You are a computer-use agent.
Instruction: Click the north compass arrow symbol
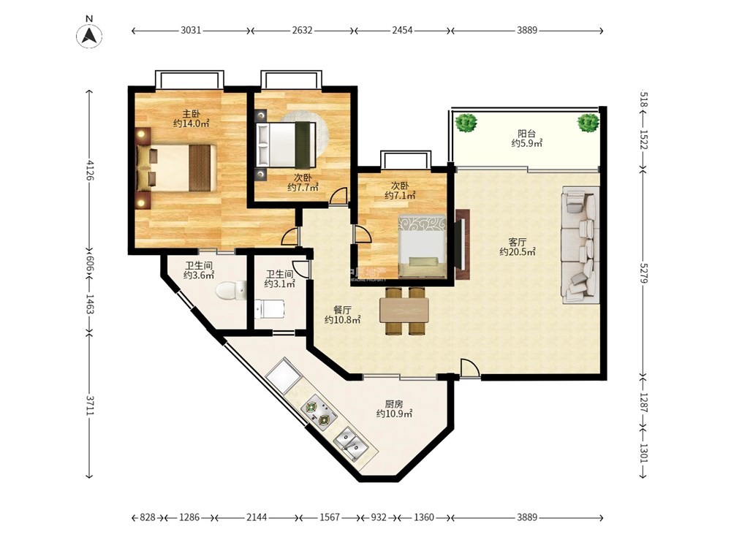pyautogui.click(x=89, y=35)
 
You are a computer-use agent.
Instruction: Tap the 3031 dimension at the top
pyautogui.click(x=191, y=31)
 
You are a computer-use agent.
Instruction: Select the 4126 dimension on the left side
pyautogui.click(x=89, y=170)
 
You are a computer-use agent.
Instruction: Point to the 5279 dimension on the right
pyautogui.click(x=643, y=273)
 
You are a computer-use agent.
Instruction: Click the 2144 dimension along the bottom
pyautogui.click(x=257, y=517)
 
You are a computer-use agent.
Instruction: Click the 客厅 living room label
pyautogui.click(x=517, y=243)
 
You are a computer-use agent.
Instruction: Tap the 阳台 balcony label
pyautogui.click(x=526, y=134)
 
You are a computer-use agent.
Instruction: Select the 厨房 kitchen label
pyautogui.click(x=394, y=404)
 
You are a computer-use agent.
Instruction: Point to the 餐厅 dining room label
pyautogui.click(x=342, y=311)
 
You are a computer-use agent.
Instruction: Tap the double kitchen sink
pyautogui.click(x=352, y=444)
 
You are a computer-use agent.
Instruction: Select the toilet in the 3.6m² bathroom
pyautogui.click(x=231, y=291)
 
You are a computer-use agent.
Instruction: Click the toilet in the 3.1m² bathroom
pyautogui.click(x=270, y=309)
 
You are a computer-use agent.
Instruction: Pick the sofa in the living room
pyautogui.click(x=580, y=245)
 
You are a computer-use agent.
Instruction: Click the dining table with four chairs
pyautogui.click(x=404, y=311)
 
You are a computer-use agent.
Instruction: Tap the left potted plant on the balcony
pyautogui.click(x=466, y=123)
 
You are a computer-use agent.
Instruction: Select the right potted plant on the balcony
pyautogui.click(x=588, y=123)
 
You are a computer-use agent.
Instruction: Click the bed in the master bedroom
pyautogui.click(x=176, y=168)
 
